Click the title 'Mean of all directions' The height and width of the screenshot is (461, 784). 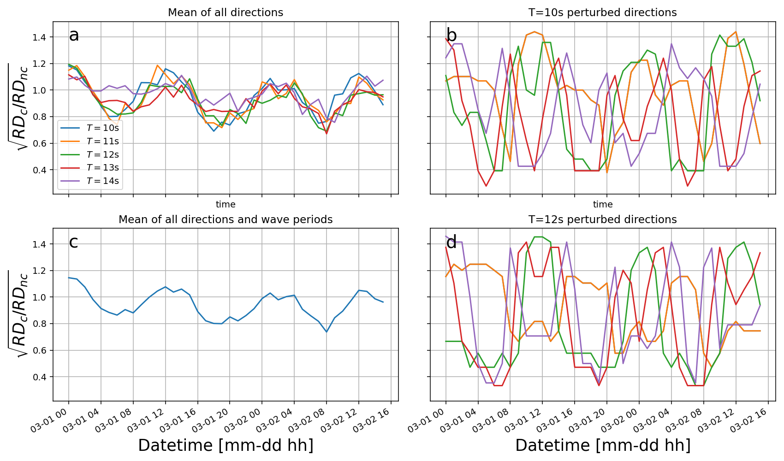[x=226, y=12]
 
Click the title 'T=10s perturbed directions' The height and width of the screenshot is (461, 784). [x=603, y=12]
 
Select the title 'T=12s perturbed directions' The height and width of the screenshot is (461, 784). [x=603, y=219]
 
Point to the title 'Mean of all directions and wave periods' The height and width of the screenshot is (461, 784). [x=226, y=219]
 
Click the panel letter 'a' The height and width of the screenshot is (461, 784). [x=74, y=35]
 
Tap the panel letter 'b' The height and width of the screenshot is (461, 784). [x=451, y=35]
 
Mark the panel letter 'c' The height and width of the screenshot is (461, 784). [x=73, y=242]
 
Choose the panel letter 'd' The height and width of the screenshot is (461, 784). [x=451, y=242]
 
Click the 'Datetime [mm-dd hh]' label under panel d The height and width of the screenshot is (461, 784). [x=603, y=445]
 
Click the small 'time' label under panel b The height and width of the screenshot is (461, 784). [x=603, y=204]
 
